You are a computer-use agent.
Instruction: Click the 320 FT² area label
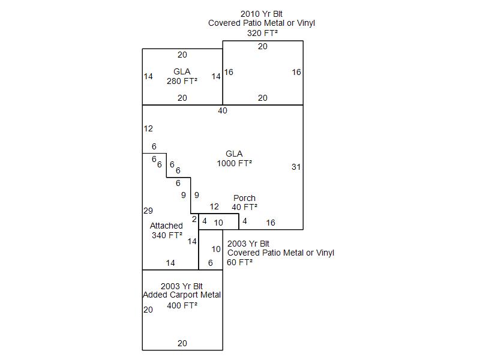pyautogui.click(x=262, y=33)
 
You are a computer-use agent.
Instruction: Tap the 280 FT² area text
pyautogui.click(x=182, y=81)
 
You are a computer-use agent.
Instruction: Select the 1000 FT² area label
pyautogui.click(x=234, y=163)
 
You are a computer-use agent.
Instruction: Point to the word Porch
pyautogui.click(x=244, y=198)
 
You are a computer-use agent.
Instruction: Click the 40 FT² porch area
pyautogui.click(x=244, y=207)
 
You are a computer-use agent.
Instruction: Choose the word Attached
pyautogui.click(x=166, y=226)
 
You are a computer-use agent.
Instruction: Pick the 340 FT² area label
pyautogui.click(x=167, y=235)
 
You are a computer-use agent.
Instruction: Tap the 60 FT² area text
pyautogui.click(x=239, y=262)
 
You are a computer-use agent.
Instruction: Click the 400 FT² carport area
pyautogui.click(x=182, y=305)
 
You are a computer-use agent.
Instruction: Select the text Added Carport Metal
pyautogui.click(x=182, y=295)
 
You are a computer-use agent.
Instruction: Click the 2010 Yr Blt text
pyautogui.click(x=262, y=14)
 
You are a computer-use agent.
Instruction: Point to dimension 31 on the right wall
pyautogui.click(x=296, y=167)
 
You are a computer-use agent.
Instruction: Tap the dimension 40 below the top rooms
pyautogui.click(x=223, y=111)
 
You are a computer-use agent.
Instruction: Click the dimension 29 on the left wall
pyautogui.click(x=148, y=211)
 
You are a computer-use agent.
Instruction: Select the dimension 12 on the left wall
pyautogui.click(x=148, y=128)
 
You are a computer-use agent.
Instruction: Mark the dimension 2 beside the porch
pyautogui.click(x=194, y=220)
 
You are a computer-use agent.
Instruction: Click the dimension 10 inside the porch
pyautogui.click(x=218, y=223)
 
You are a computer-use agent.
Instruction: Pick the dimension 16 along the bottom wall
pyautogui.click(x=271, y=223)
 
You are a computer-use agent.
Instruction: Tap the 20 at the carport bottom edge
pyautogui.click(x=182, y=344)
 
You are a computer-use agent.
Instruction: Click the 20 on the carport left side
pyautogui.click(x=148, y=310)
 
